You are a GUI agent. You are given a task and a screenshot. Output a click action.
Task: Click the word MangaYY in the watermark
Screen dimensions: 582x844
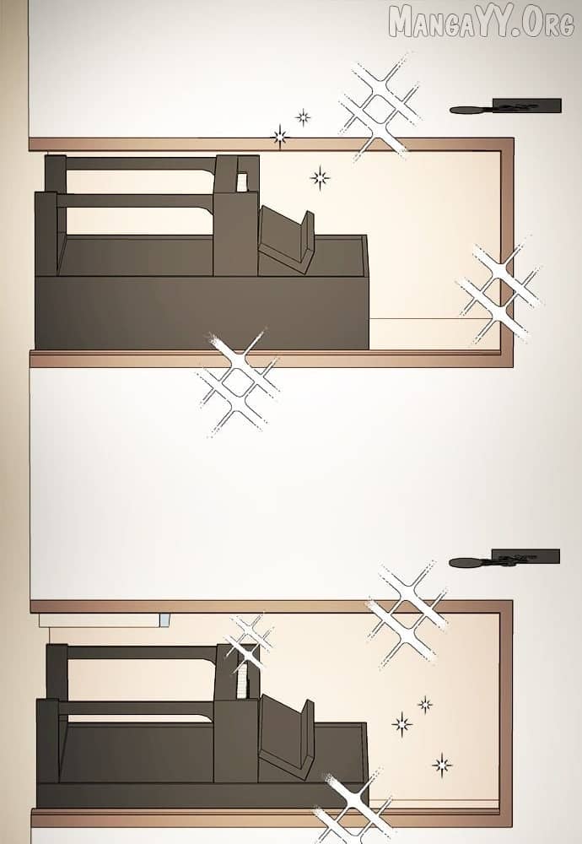click(455, 23)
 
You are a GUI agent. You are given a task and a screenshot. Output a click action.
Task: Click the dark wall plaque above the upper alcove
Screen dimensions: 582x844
click(526, 105)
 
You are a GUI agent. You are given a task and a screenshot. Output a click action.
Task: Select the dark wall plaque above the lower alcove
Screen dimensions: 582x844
click(525, 556)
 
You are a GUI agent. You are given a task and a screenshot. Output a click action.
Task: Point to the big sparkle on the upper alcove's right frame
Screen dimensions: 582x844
click(499, 294)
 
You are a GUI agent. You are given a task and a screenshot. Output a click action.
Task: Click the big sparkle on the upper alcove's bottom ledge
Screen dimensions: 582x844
click(239, 381)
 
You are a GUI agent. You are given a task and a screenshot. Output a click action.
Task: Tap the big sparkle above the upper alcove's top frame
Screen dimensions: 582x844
click(380, 108)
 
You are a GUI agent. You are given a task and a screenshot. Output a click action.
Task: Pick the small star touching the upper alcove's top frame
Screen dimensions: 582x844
click(279, 137)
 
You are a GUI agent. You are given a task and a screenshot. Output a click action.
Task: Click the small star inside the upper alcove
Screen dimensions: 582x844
click(320, 178)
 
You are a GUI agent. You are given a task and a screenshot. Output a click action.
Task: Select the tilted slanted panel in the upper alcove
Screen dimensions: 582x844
click(285, 240)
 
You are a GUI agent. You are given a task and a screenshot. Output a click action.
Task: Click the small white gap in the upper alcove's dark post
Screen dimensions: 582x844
click(242, 182)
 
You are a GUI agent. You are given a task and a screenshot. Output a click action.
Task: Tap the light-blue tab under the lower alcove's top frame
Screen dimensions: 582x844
click(164, 620)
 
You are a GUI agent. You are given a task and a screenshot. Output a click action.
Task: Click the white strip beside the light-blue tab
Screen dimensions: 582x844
click(99, 620)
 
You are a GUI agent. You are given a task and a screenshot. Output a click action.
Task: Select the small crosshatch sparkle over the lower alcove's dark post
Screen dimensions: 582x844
click(250, 641)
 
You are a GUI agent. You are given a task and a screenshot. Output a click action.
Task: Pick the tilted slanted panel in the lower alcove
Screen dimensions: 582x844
click(285, 734)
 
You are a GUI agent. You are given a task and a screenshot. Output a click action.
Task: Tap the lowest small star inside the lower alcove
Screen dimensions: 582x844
click(442, 765)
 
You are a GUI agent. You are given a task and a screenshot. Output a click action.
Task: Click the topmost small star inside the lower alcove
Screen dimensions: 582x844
click(425, 704)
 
